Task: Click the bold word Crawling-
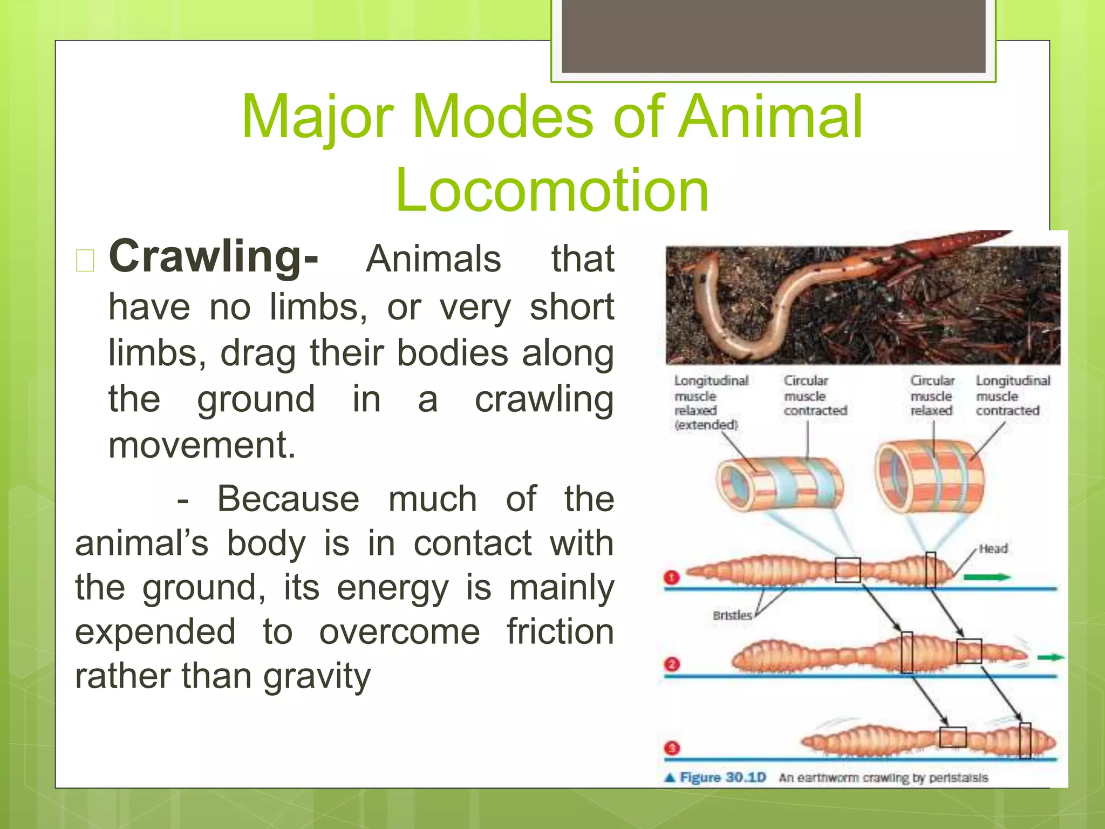(x=214, y=257)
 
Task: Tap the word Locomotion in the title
(x=551, y=190)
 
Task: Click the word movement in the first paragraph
(x=202, y=446)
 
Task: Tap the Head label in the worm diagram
(x=993, y=549)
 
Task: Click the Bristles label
(x=732, y=615)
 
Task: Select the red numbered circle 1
(x=672, y=578)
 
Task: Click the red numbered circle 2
(x=672, y=664)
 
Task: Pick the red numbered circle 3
(x=672, y=749)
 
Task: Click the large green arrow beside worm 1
(x=986, y=577)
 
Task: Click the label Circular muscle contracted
(x=815, y=396)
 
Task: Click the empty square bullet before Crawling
(x=85, y=260)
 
